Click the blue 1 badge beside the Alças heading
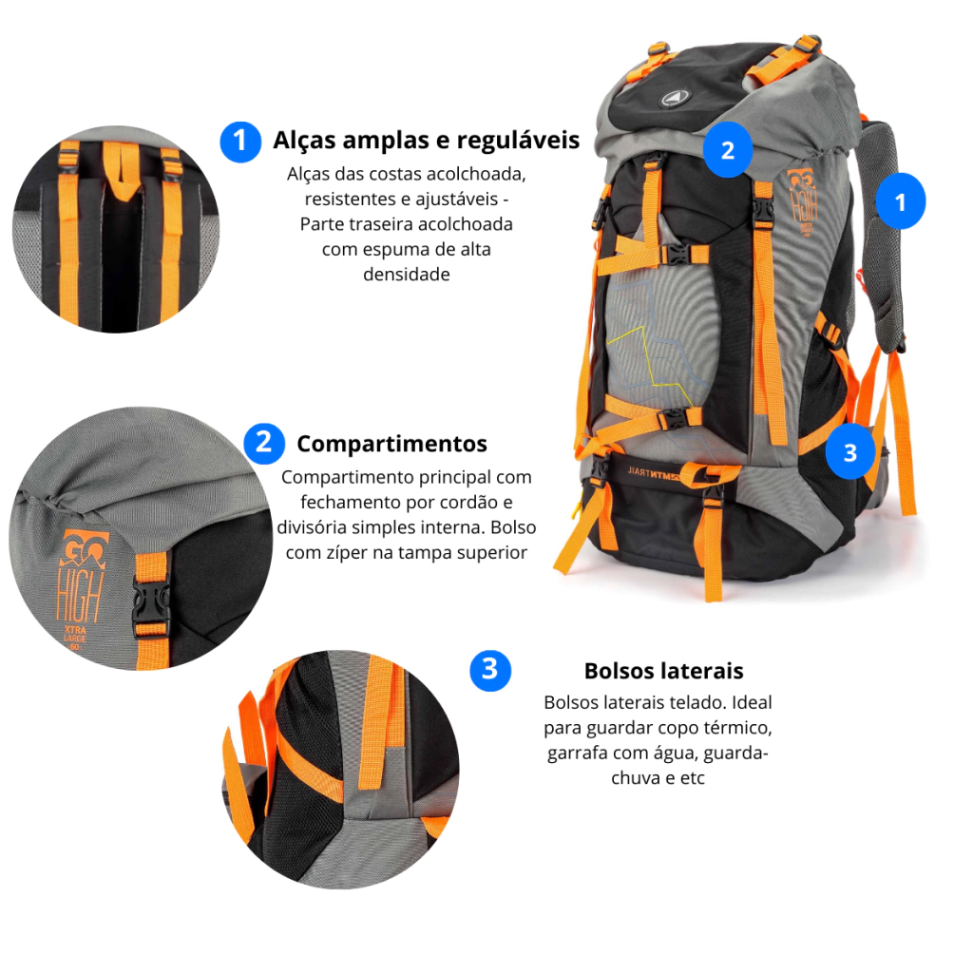click(x=240, y=142)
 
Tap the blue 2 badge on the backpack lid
click(x=727, y=150)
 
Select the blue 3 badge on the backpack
click(x=850, y=453)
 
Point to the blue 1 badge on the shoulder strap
click(x=901, y=201)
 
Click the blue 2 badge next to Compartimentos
click(x=264, y=443)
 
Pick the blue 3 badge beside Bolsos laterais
click(x=490, y=670)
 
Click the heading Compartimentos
click(x=391, y=444)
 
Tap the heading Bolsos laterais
click(x=663, y=671)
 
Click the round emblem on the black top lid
click(x=672, y=98)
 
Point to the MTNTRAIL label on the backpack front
click(x=653, y=473)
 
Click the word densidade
click(x=407, y=275)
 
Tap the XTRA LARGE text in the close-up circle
click(x=75, y=634)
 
